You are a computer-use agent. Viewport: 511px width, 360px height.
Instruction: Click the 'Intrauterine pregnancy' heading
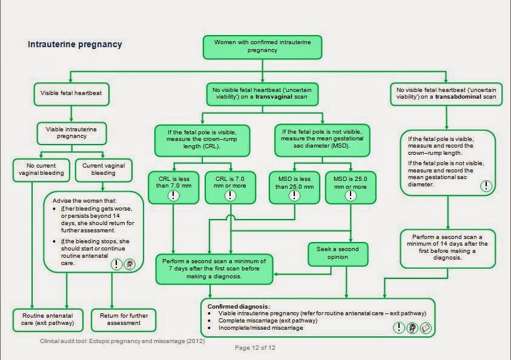point(75,44)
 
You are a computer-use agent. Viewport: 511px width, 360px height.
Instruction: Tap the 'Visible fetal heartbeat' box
point(71,93)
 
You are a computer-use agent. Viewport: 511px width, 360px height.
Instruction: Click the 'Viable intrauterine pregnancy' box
point(71,132)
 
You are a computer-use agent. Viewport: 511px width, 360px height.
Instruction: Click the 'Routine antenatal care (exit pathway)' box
point(48,319)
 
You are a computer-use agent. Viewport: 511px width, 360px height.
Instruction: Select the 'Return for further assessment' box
point(124,319)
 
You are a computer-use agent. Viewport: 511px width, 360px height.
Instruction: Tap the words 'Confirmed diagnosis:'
point(239,306)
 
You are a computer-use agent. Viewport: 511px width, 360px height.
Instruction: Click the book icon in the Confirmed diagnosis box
point(426,328)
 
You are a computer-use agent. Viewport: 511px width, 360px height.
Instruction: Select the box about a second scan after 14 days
point(447,246)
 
